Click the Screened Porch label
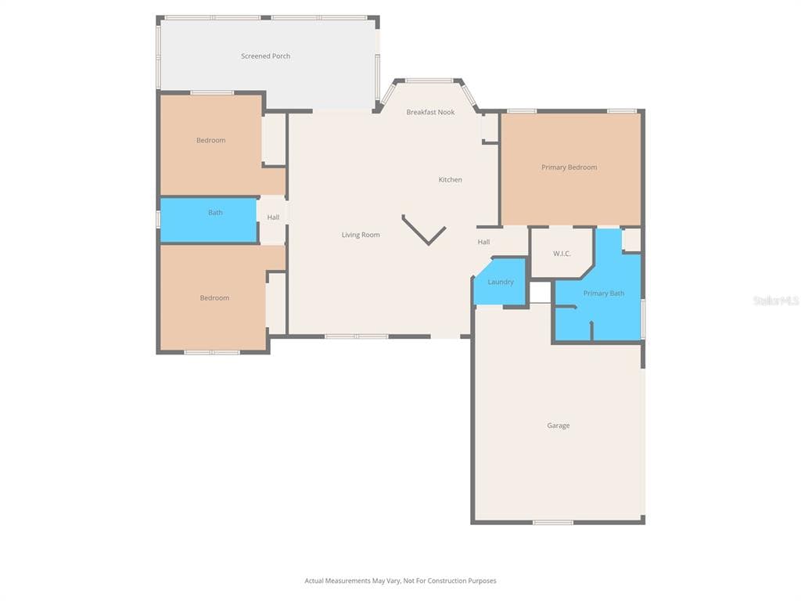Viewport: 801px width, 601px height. [x=265, y=56]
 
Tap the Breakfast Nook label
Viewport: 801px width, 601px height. [x=430, y=113]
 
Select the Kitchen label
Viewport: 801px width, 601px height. [x=450, y=180]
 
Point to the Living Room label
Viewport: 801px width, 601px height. [x=361, y=235]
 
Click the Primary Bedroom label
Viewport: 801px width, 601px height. [x=569, y=167]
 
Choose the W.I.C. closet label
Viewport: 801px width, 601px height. [x=562, y=254]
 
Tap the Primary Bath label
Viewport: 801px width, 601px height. [x=603, y=293]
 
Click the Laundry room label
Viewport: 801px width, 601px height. [x=501, y=282]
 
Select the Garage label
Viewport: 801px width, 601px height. [x=558, y=426]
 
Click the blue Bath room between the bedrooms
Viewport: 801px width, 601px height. [x=209, y=221]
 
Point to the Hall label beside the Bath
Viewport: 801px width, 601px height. [x=273, y=218]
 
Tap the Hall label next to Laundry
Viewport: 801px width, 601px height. [x=483, y=243]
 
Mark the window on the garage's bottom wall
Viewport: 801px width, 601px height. [x=553, y=522]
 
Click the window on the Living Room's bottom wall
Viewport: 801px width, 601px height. [x=357, y=336]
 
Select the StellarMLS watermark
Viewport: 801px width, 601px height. [x=776, y=300]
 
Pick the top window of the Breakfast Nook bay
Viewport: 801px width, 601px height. [x=429, y=81]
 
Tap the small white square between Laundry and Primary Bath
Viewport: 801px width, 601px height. [x=541, y=292]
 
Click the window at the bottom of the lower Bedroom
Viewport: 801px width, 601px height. [x=212, y=352]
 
